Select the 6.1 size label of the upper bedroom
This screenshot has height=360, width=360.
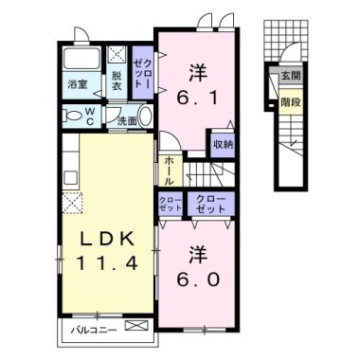tap(198, 95)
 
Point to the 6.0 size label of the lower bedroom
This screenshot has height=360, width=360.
tap(198, 281)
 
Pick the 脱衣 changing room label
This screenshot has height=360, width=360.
tap(117, 81)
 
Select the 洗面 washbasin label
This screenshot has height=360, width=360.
tap(127, 120)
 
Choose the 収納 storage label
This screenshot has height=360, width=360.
tap(223, 144)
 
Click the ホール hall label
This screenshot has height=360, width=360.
tap(168, 170)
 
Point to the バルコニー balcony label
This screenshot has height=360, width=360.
tap(96, 330)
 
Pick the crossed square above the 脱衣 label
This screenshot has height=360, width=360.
tap(118, 55)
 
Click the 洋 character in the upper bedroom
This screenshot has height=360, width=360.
tap(198, 69)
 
